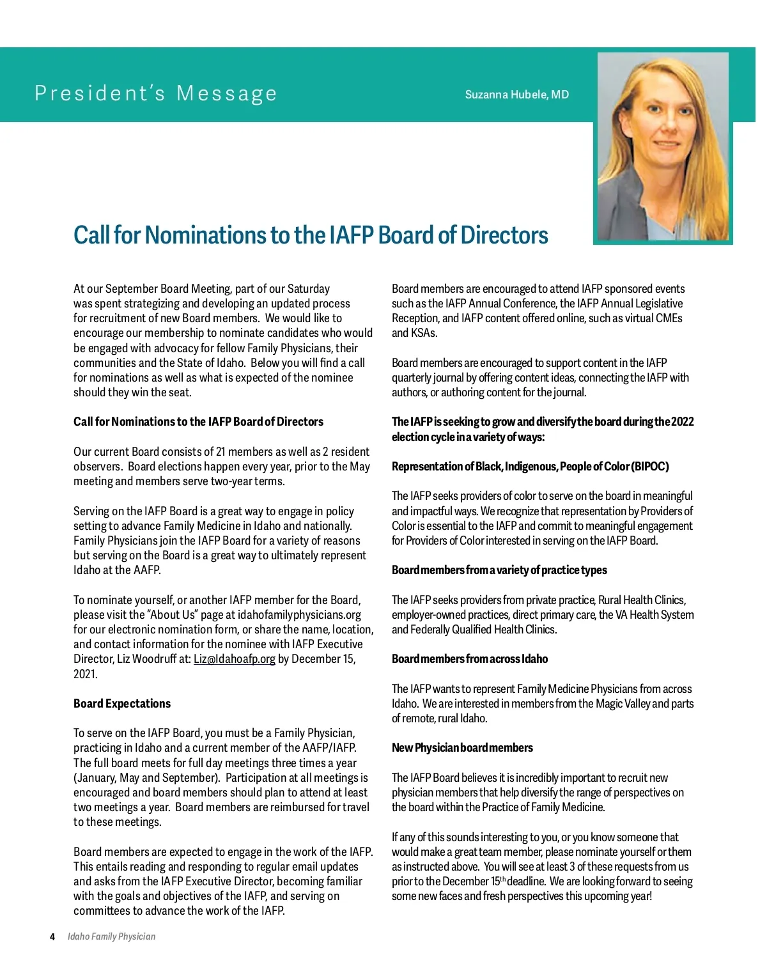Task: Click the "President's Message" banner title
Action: click(x=156, y=93)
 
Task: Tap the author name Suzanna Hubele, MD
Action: click(x=516, y=95)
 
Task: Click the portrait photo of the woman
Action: click(x=662, y=147)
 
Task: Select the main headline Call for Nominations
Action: click(x=311, y=235)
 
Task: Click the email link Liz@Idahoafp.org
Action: click(x=234, y=659)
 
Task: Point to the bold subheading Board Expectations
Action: click(x=122, y=703)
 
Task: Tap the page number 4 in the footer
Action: click(x=52, y=936)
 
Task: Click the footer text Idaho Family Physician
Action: click(x=111, y=936)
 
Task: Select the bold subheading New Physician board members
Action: click(x=462, y=748)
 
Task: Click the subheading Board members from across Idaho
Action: click(x=470, y=659)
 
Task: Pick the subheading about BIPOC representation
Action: click(x=530, y=467)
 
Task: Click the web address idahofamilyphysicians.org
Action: click(x=299, y=615)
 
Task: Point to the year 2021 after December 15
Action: click(x=85, y=674)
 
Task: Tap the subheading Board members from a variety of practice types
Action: click(x=499, y=570)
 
